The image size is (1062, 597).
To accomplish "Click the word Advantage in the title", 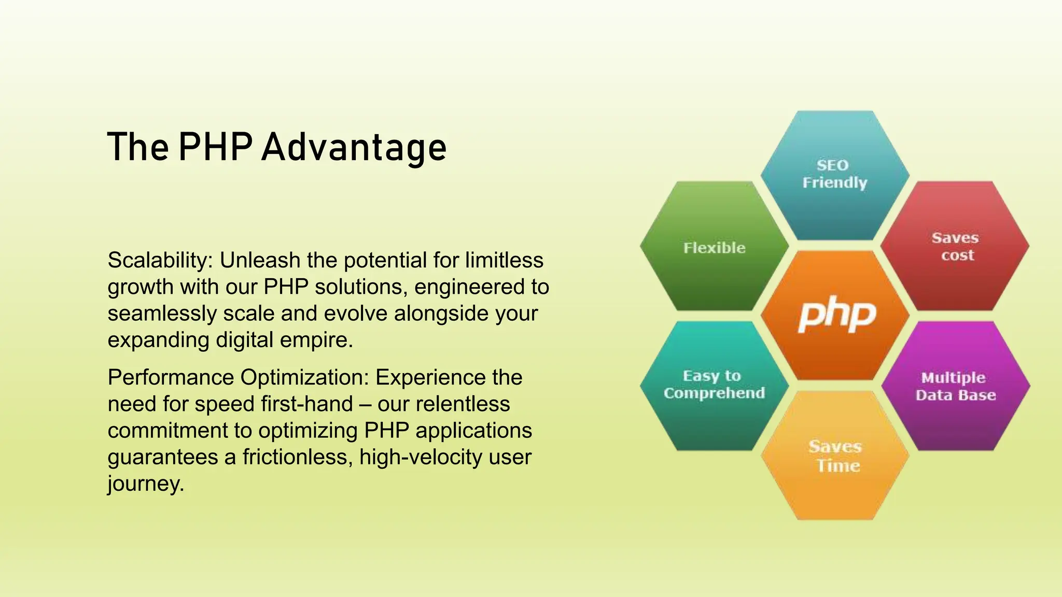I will [354, 148].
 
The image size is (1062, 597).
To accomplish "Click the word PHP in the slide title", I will [215, 148].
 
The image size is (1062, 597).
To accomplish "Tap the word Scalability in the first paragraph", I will [158, 261].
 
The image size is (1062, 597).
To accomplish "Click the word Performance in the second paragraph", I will [171, 378].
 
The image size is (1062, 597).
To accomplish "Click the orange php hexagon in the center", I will [835, 315].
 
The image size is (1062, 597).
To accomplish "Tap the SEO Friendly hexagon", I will [835, 175].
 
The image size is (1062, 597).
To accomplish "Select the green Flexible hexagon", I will [714, 247].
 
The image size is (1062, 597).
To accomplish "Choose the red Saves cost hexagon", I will [955, 246].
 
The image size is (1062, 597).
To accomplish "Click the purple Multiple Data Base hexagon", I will [955, 386].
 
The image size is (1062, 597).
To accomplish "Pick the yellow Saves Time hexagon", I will [835, 456].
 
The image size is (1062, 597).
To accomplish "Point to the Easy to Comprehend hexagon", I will [714, 385].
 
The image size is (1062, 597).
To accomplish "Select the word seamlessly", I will [162, 314].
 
